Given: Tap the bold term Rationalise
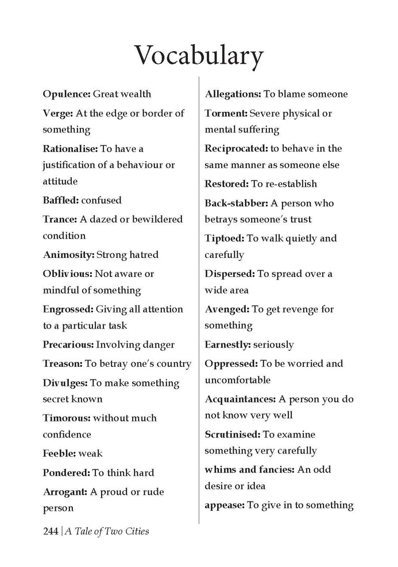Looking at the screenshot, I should (70, 148).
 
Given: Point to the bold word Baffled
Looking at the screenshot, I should (61, 201).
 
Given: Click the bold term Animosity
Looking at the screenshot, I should (68, 255).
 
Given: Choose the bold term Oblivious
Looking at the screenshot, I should (67, 273).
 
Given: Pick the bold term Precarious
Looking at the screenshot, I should (68, 345).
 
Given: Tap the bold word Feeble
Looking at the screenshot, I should (59, 453).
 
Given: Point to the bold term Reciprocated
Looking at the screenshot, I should (236, 148).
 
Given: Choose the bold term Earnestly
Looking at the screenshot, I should (228, 345).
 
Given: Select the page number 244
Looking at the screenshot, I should (51, 531).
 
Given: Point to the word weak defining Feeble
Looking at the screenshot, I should (90, 453).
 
